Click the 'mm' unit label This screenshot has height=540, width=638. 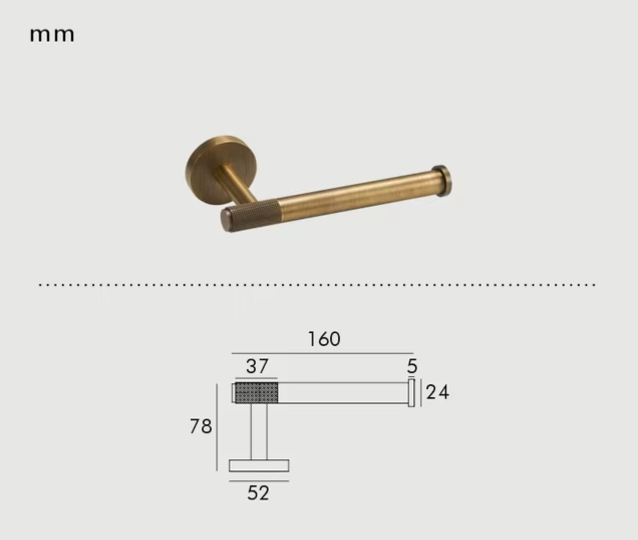click(52, 35)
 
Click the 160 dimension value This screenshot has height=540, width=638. click(324, 339)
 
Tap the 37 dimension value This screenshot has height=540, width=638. click(257, 366)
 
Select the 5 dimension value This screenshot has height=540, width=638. click(412, 366)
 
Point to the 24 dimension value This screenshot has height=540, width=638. click(437, 393)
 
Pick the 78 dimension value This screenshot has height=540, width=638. click(201, 427)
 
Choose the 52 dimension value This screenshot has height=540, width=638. click(258, 493)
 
